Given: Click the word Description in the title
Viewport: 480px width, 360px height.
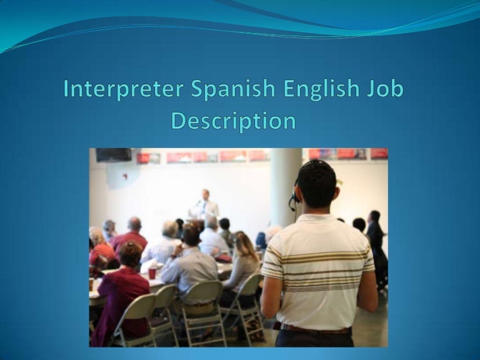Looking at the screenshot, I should [x=233, y=120].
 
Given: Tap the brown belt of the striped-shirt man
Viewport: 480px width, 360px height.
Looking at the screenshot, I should [x=312, y=327].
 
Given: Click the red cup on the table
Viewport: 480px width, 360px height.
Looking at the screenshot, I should [x=152, y=273].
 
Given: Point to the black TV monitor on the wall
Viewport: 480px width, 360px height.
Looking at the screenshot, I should [x=113, y=155].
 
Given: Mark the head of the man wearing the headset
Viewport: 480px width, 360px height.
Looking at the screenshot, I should [x=316, y=184].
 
